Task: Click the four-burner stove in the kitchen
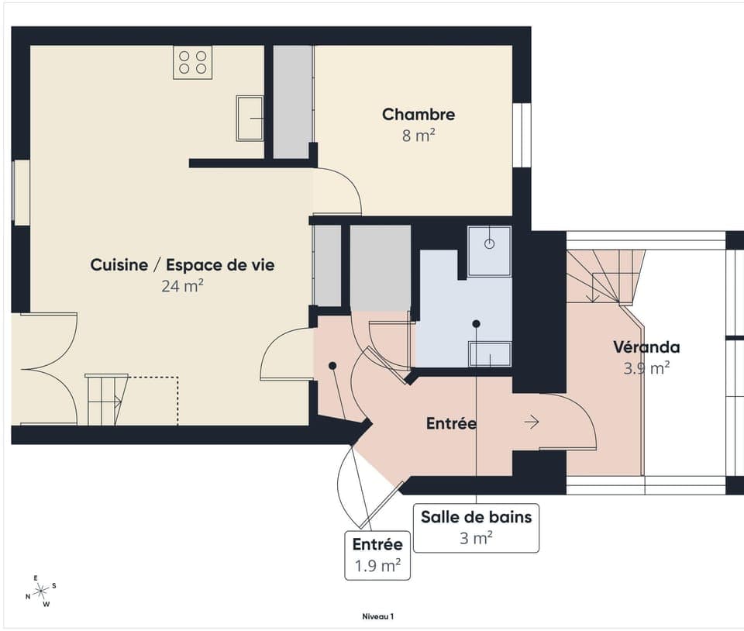click(192, 62)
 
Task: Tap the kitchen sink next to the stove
click(250, 118)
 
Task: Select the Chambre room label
click(418, 115)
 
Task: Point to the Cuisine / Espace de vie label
click(182, 265)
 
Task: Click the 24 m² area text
click(182, 286)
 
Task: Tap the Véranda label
click(646, 347)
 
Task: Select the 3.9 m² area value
click(646, 368)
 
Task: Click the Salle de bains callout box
click(476, 527)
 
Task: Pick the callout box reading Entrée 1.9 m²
click(377, 555)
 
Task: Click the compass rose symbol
click(40, 591)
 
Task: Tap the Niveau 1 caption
click(378, 616)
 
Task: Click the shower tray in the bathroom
click(489, 250)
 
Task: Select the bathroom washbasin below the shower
click(490, 353)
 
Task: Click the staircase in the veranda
click(605, 276)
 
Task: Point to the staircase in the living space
click(107, 399)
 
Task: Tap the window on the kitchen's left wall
click(21, 191)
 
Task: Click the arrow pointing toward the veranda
click(532, 422)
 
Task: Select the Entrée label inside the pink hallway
click(451, 424)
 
